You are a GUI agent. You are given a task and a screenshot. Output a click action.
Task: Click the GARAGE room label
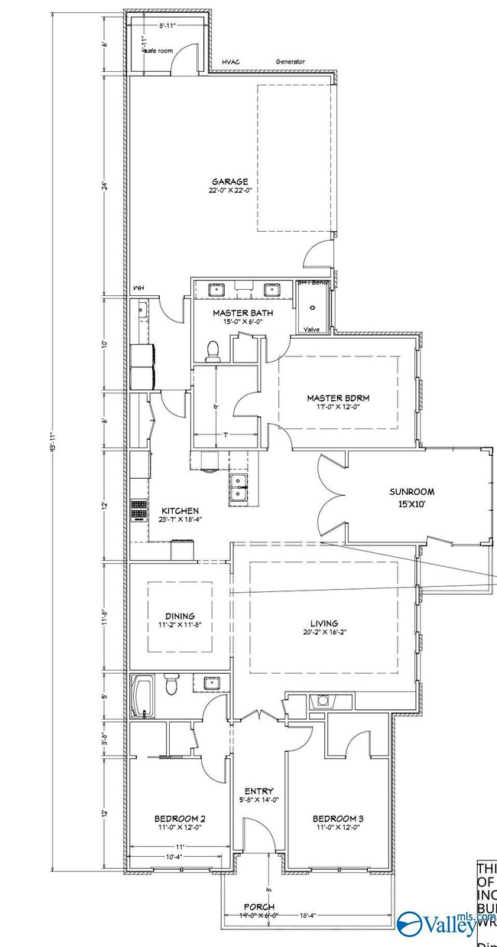pos(230,181)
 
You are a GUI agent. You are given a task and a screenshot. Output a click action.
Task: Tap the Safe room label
pos(158,50)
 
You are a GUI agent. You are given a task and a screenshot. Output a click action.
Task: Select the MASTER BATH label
pos(242,312)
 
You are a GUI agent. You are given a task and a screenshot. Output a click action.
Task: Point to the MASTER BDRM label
pos(338,398)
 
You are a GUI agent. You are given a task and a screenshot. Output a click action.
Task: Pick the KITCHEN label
pos(180,510)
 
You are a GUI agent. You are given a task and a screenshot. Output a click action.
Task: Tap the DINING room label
pos(180,616)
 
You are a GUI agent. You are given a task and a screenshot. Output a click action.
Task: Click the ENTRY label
pos(259,791)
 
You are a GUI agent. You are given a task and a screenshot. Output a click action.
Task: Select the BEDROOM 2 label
pos(180,818)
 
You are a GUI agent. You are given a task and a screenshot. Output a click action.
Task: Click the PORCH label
pos(259,907)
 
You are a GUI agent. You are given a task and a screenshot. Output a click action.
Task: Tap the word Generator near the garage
pos(291,62)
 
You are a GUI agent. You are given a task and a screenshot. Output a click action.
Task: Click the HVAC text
pos(231,62)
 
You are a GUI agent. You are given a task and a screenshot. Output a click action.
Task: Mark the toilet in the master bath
pos(213,350)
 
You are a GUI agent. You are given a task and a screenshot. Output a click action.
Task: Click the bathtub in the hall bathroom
pos(142,695)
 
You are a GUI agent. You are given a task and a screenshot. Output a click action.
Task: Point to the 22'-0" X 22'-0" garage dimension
pos(230,190)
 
